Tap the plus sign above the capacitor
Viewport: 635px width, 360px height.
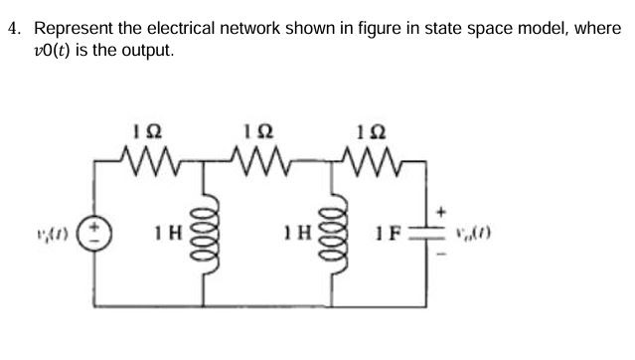[445, 211]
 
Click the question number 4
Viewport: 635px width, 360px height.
[12, 29]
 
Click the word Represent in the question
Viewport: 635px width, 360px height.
[74, 29]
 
